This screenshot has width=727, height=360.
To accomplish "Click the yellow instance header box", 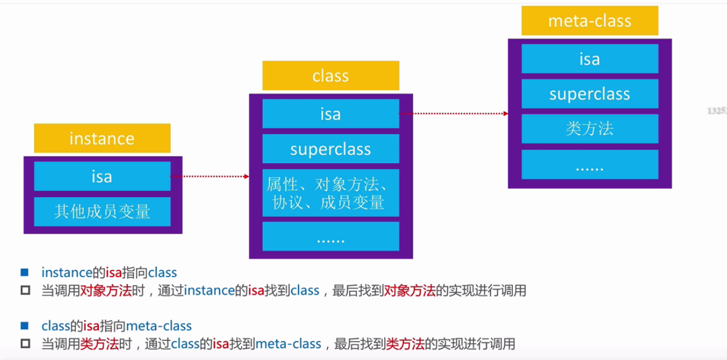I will pyautogui.click(x=102, y=138).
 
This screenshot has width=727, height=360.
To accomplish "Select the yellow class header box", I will pyautogui.click(x=331, y=75).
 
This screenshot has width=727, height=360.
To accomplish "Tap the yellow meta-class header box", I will pyautogui.click(x=589, y=21).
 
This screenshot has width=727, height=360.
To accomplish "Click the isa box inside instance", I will pyautogui.click(x=102, y=176).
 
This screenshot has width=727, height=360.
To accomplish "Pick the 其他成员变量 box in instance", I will pyautogui.click(x=102, y=211).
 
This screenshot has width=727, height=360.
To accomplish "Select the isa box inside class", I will pyautogui.click(x=331, y=114).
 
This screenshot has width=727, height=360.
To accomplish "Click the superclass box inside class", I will pyautogui.click(x=331, y=149).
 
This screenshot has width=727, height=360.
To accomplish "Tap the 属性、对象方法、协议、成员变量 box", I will pyautogui.click(x=331, y=193).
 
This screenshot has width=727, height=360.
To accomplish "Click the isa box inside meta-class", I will pyautogui.click(x=589, y=59).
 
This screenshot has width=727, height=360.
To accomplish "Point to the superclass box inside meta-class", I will pyautogui.click(x=589, y=93).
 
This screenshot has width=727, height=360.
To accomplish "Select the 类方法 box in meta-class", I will pyautogui.click(x=589, y=129).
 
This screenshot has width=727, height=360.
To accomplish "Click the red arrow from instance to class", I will pyautogui.click(x=210, y=177).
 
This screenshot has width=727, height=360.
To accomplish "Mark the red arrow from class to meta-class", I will pyautogui.click(x=453, y=113).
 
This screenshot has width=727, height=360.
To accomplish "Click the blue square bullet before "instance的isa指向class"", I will pyautogui.click(x=24, y=273).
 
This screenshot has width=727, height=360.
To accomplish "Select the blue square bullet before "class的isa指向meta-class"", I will pyautogui.click(x=24, y=325).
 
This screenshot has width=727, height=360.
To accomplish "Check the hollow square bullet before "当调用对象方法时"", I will pyautogui.click(x=24, y=291).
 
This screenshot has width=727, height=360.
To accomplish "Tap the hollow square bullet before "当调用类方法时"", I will pyautogui.click(x=24, y=343).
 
